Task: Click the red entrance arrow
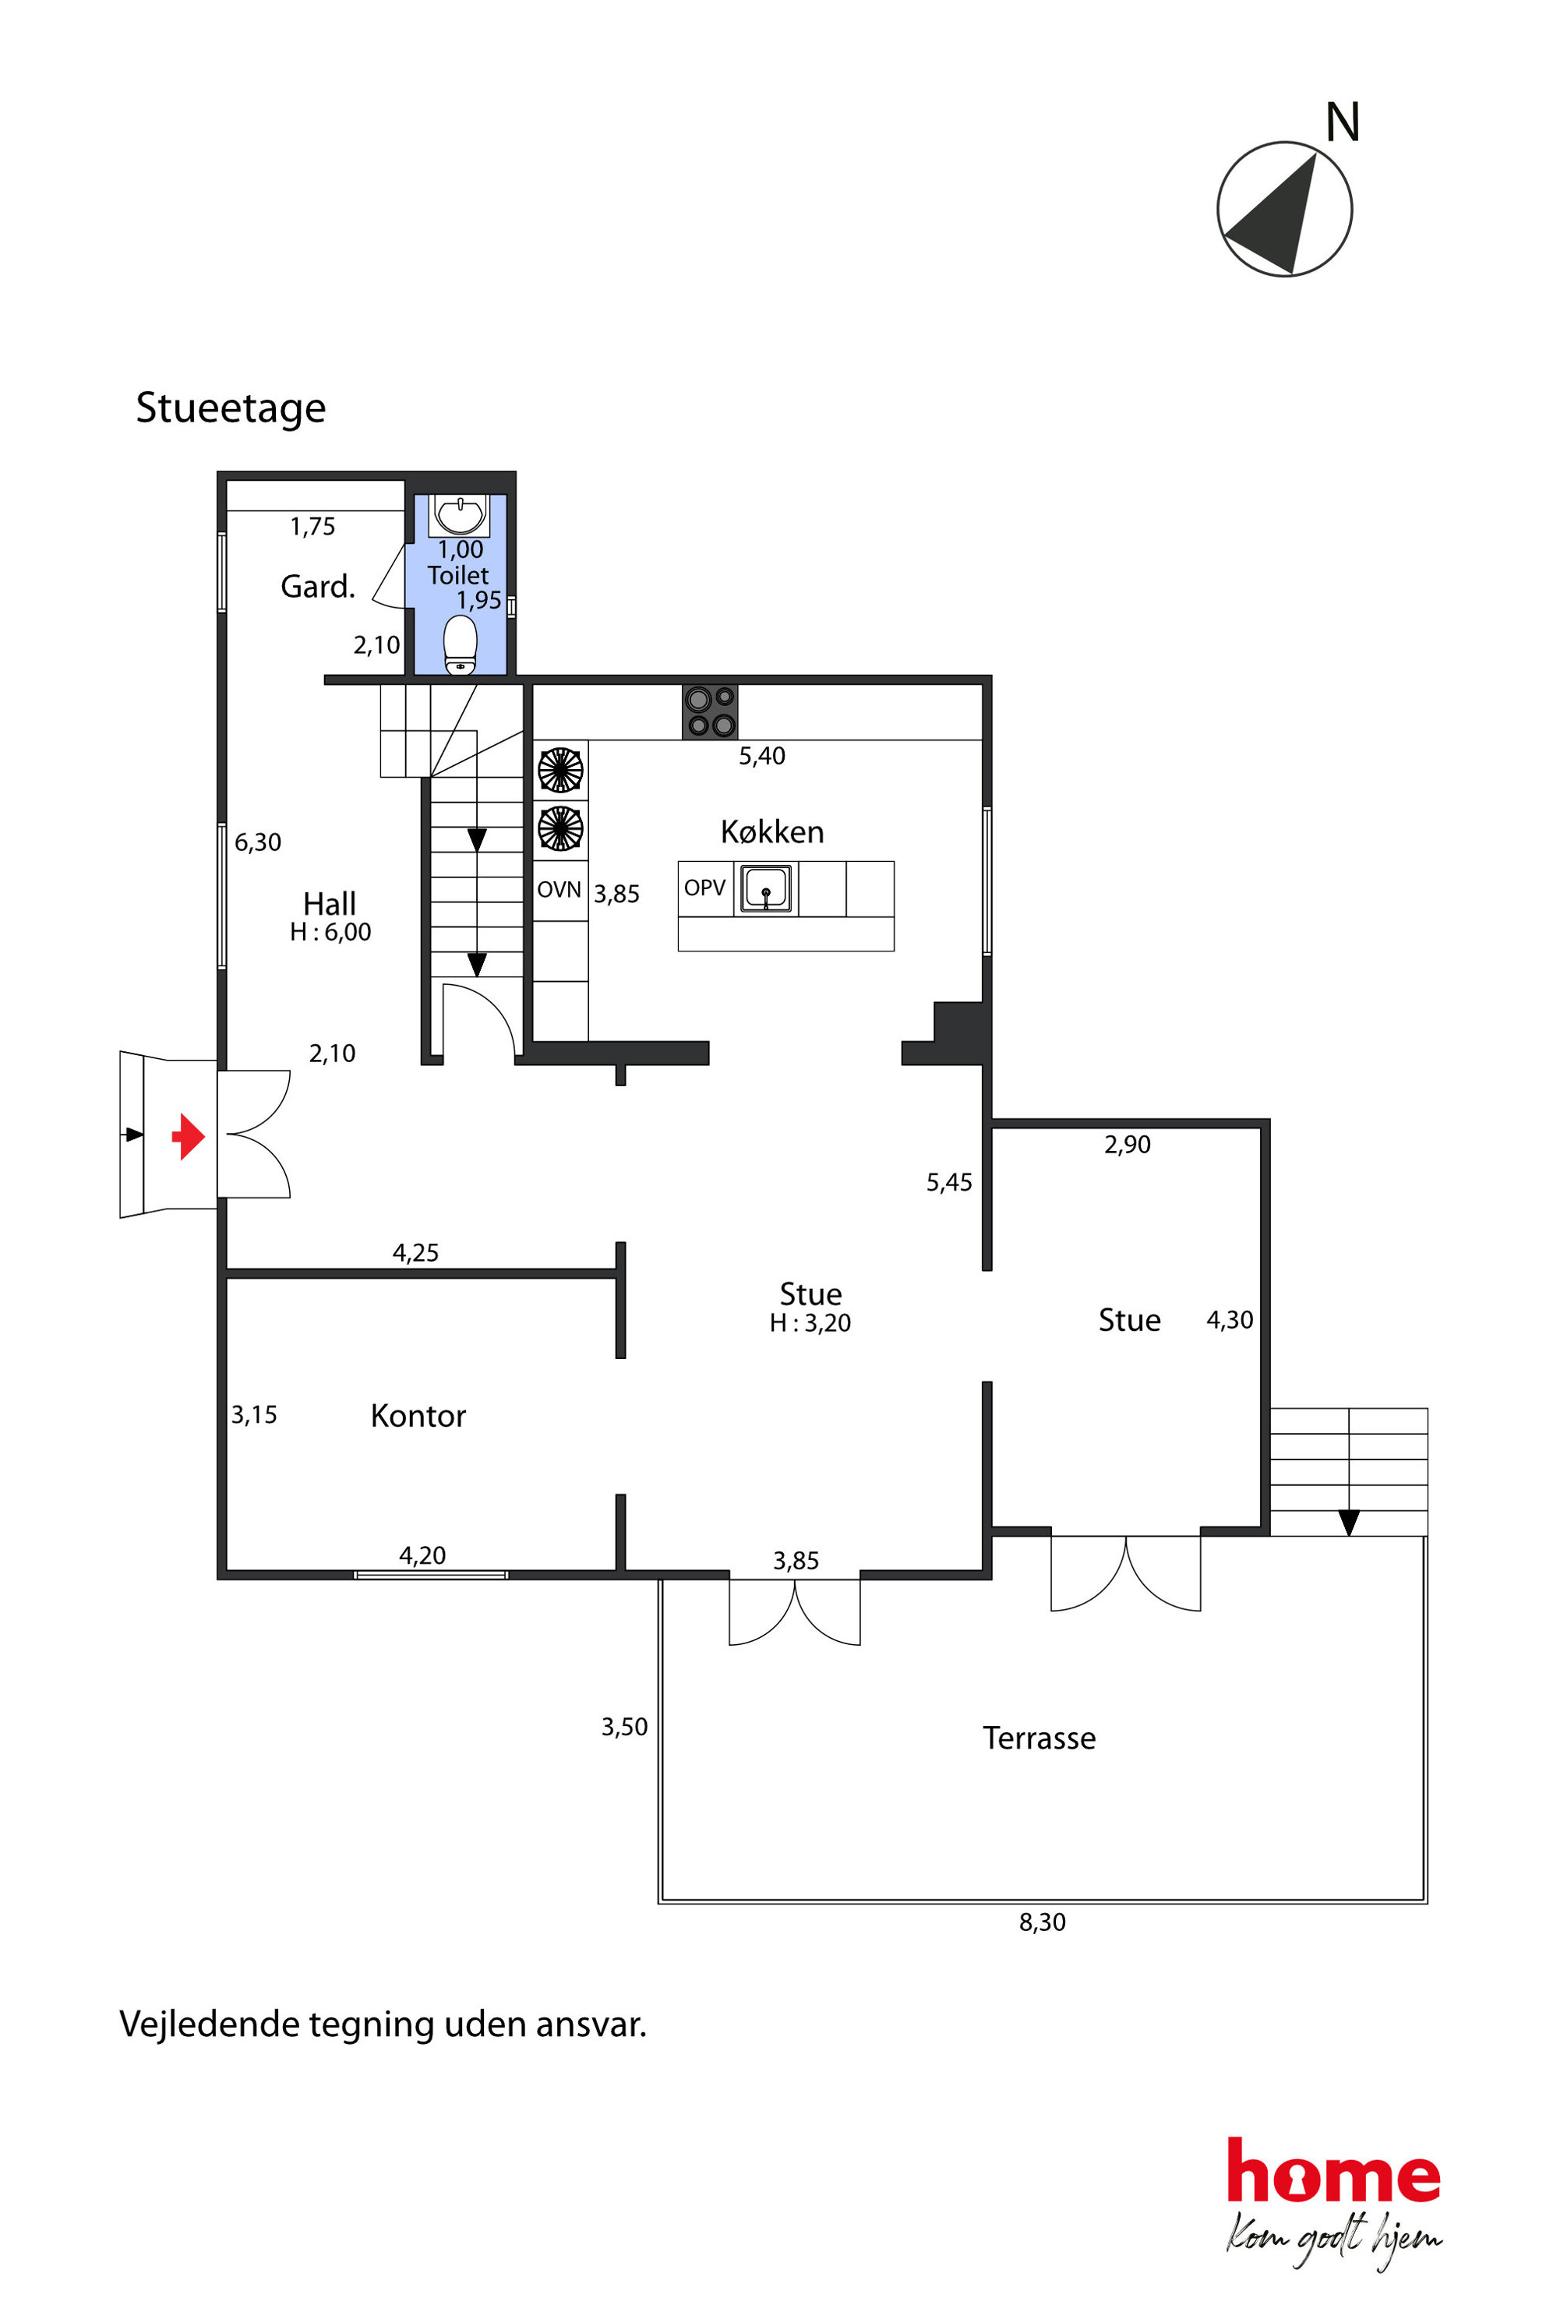click(189, 1136)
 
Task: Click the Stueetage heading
click(231, 408)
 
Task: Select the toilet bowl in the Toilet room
click(461, 645)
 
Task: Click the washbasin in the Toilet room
click(461, 514)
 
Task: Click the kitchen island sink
click(766, 888)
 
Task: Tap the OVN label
click(559, 889)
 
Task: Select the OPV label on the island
click(705, 888)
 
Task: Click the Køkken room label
click(772, 831)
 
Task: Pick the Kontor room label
click(418, 1416)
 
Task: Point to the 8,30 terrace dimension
click(1042, 1922)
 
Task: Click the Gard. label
click(317, 587)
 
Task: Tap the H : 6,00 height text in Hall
click(330, 932)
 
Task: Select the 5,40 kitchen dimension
click(762, 756)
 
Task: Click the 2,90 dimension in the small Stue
click(1127, 1145)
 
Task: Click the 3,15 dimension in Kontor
click(254, 1415)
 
